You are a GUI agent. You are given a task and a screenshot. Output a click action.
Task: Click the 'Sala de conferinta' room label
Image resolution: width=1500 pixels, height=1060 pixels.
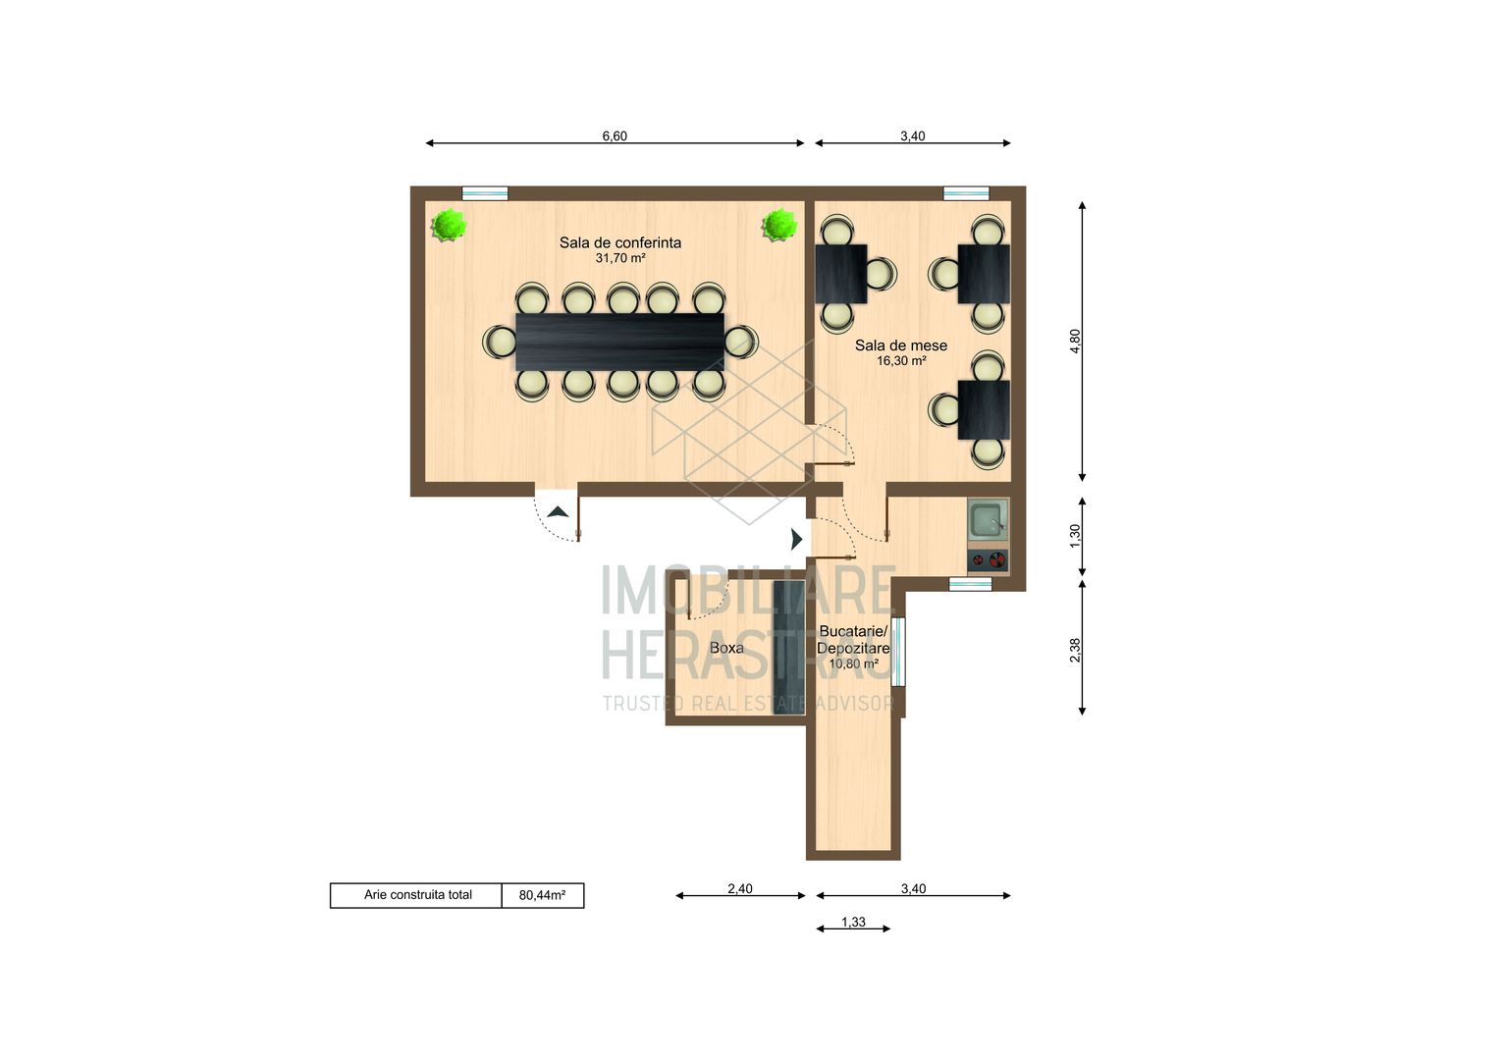click(x=620, y=242)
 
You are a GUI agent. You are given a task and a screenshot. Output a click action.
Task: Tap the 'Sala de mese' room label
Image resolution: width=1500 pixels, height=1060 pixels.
click(x=900, y=345)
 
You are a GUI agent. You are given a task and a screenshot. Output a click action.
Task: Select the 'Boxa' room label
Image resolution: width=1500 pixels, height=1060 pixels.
click(x=726, y=648)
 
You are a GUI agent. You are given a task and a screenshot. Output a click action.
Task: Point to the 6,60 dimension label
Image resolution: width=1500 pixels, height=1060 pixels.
click(x=615, y=135)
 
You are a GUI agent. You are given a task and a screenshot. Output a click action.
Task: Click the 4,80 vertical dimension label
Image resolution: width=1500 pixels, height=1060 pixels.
click(x=1075, y=342)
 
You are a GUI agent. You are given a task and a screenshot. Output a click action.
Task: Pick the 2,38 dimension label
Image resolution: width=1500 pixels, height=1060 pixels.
click(x=1075, y=650)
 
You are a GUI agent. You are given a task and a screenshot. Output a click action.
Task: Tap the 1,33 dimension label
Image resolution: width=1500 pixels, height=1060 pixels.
click(x=853, y=922)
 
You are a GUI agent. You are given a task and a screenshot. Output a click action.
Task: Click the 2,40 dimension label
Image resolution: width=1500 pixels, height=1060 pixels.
click(x=740, y=888)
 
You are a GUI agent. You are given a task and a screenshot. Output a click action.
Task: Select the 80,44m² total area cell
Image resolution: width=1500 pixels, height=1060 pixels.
click(x=543, y=895)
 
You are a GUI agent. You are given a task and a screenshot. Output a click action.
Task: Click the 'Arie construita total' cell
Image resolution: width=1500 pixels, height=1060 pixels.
click(x=417, y=894)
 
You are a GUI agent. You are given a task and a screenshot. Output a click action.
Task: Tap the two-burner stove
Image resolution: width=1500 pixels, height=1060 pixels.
click(x=988, y=560)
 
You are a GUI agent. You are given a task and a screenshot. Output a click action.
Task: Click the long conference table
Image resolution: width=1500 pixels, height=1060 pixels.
click(x=620, y=342)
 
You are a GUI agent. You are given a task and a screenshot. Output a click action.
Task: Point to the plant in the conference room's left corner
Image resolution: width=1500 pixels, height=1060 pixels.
click(x=449, y=226)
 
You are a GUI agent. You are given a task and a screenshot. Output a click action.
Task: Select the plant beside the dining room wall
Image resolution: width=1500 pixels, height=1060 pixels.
click(x=779, y=225)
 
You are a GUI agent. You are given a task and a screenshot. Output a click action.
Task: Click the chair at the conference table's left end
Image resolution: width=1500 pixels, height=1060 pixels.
click(x=500, y=342)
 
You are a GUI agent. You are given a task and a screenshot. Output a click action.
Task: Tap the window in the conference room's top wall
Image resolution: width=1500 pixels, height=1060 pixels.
click(x=485, y=193)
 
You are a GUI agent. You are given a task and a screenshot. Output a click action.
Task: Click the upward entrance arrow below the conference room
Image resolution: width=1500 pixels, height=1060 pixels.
click(x=558, y=512)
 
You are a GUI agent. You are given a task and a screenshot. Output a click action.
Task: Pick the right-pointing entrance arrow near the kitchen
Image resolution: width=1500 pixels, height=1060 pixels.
click(x=797, y=539)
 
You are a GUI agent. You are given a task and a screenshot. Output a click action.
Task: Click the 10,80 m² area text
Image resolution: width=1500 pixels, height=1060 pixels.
click(x=853, y=664)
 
